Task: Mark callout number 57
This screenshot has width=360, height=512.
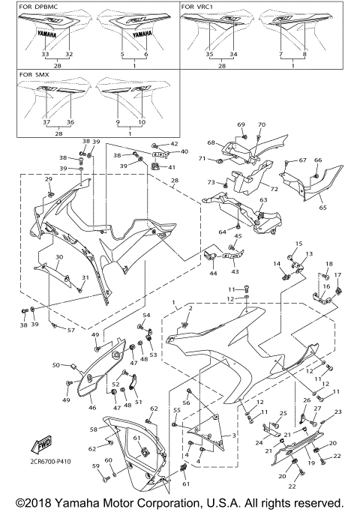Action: click(x=71, y=330)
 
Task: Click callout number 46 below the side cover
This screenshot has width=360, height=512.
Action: click(x=92, y=409)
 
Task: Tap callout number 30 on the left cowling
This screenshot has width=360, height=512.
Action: click(x=58, y=257)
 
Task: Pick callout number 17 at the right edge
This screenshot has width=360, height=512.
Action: click(x=337, y=275)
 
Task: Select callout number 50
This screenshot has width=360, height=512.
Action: click(x=55, y=365)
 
